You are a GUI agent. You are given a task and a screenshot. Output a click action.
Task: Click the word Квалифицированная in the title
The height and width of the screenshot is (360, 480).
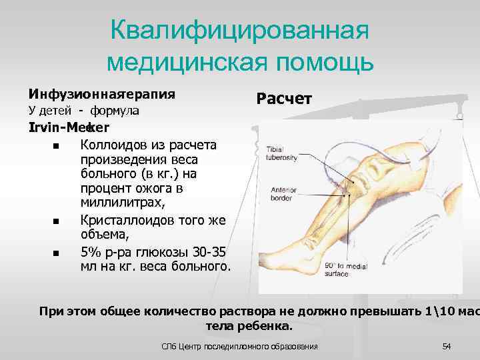tap(239, 30)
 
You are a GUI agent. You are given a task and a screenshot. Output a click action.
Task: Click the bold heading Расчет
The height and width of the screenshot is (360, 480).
tap(284, 99)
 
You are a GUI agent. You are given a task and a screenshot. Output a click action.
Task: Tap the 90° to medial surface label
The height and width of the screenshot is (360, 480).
tap(344, 269)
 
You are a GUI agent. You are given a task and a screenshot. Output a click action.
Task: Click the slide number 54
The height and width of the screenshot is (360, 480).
tap(446, 346)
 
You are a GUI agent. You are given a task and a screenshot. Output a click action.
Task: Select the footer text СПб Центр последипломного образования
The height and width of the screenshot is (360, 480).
tap(240, 346)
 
